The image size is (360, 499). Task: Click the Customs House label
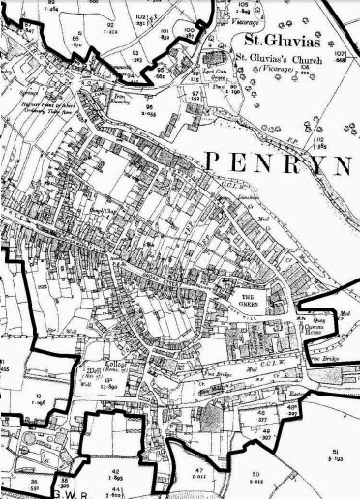point(331,330)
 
